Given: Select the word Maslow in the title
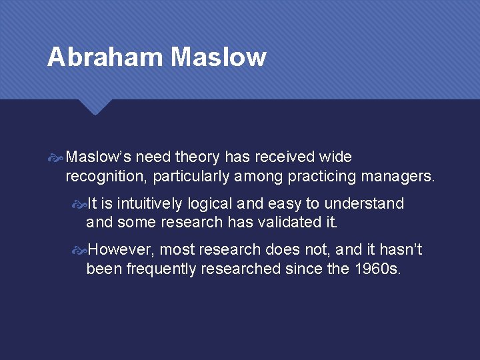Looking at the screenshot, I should [x=218, y=57].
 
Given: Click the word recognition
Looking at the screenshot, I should [x=106, y=177].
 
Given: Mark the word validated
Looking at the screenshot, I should [x=288, y=223].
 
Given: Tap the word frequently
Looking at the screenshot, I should [x=165, y=269].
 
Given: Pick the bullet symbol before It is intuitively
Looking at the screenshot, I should [x=79, y=204].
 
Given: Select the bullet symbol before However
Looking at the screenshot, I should [x=79, y=251].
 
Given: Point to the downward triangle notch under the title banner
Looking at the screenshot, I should [x=95, y=107].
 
